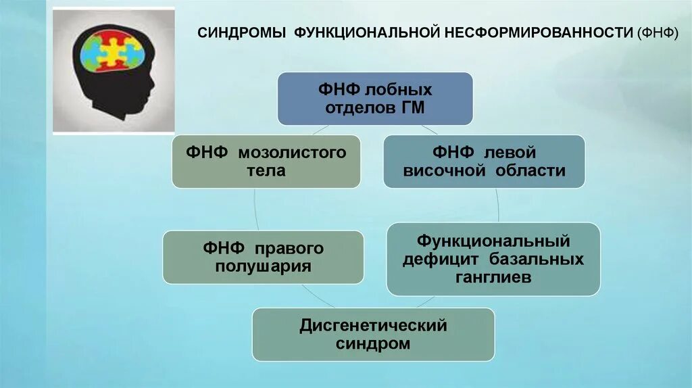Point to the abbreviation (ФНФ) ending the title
point(658,33)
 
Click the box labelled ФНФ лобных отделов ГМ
point(374,99)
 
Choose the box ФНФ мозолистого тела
point(266,162)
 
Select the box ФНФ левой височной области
point(484,162)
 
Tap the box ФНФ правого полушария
point(263,257)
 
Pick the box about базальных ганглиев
point(493,259)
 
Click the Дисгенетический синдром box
point(373,335)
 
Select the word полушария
point(263,266)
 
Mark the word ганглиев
point(493,278)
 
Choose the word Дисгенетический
point(373,326)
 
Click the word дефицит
point(440,260)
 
